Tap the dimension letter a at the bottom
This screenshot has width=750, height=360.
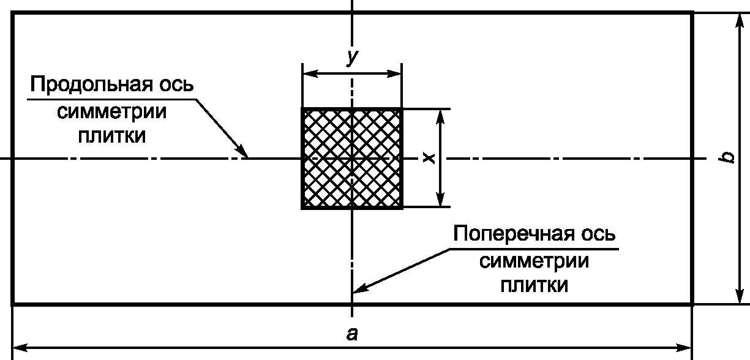pyautogui.click(x=352, y=334)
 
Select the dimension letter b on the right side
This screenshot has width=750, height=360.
pyautogui.click(x=727, y=157)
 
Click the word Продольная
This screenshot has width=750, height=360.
pyautogui.click(x=89, y=84)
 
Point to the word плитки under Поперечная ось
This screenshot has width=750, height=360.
pyautogui.click(x=534, y=285)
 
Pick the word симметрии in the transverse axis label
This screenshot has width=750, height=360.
pyautogui.click(x=534, y=261)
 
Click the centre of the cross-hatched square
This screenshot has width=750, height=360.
pyautogui.click(x=352, y=159)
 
